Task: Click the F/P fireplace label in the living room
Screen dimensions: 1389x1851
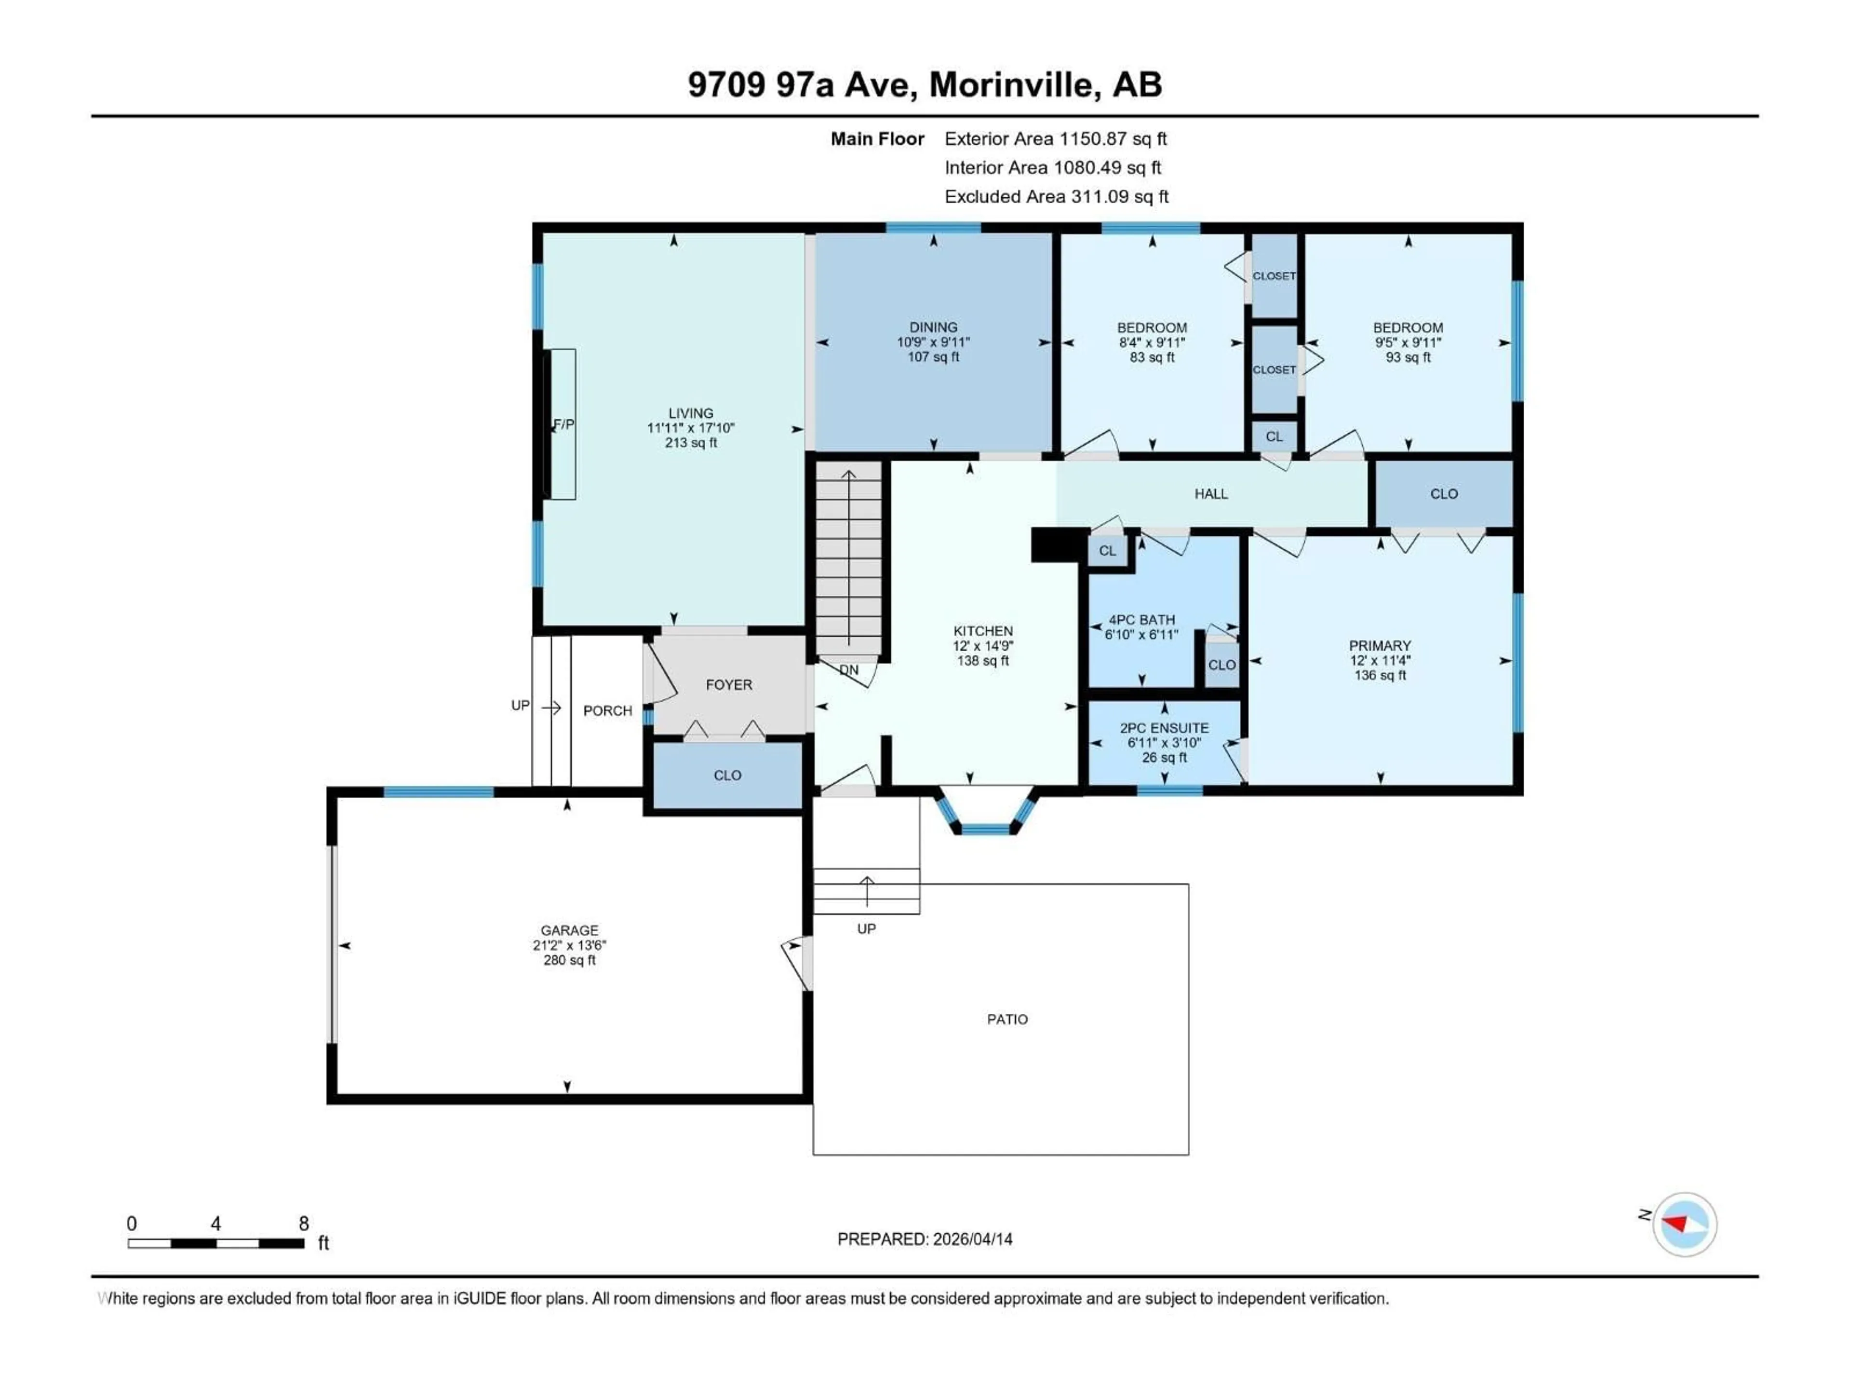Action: [564, 424]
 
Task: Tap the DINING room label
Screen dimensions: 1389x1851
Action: [933, 327]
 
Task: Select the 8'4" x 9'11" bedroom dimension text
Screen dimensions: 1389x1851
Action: [1152, 342]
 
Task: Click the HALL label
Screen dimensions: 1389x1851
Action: [1211, 494]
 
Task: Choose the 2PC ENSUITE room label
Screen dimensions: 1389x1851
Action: [1164, 728]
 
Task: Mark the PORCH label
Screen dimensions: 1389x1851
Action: [607, 711]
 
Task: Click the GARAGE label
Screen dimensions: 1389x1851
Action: [569, 930]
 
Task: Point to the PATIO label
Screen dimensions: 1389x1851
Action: [1006, 1019]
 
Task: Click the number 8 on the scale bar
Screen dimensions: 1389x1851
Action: [304, 1223]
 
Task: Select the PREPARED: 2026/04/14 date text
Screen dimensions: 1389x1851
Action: [925, 1239]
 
